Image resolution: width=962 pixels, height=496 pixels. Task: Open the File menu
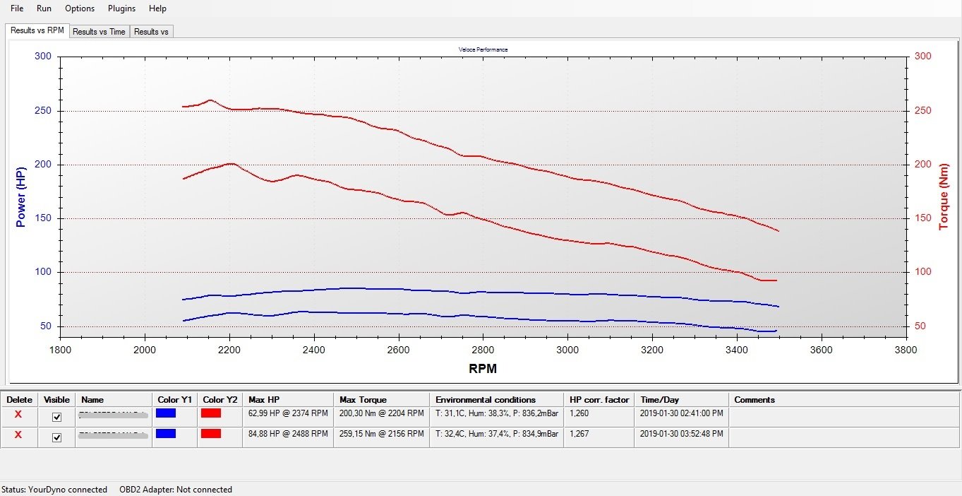(x=17, y=8)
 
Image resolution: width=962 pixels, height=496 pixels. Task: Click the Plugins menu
(x=121, y=8)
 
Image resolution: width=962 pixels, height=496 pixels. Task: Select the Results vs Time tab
(x=99, y=32)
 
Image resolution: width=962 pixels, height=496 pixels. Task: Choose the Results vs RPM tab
(x=37, y=30)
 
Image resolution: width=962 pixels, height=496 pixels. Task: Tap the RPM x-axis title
(x=483, y=368)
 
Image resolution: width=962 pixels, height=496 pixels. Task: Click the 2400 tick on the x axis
(x=313, y=349)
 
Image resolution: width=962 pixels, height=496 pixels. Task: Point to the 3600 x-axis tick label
(x=822, y=349)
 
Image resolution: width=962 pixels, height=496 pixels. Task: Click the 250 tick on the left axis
(x=43, y=111)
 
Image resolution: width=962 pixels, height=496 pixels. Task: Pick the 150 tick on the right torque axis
(x=922, y=218)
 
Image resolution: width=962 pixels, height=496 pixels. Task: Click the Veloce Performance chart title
(x=483, y=49)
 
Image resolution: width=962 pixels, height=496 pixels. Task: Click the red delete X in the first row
(x=18, y=414)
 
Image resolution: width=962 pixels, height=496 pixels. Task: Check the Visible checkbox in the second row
(x=57, y=437)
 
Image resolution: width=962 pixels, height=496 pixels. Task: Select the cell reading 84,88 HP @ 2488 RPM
(x=288, y=434)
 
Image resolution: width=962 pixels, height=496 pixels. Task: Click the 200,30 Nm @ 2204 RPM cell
(x=381, y=413)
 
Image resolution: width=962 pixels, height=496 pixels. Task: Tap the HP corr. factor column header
(x=599, y=400)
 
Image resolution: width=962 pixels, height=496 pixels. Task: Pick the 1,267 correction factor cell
(x=579, y=434)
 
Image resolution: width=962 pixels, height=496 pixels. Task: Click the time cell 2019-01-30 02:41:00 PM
(x=681, y=413)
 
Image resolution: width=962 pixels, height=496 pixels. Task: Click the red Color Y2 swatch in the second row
(x=211, y=434)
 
